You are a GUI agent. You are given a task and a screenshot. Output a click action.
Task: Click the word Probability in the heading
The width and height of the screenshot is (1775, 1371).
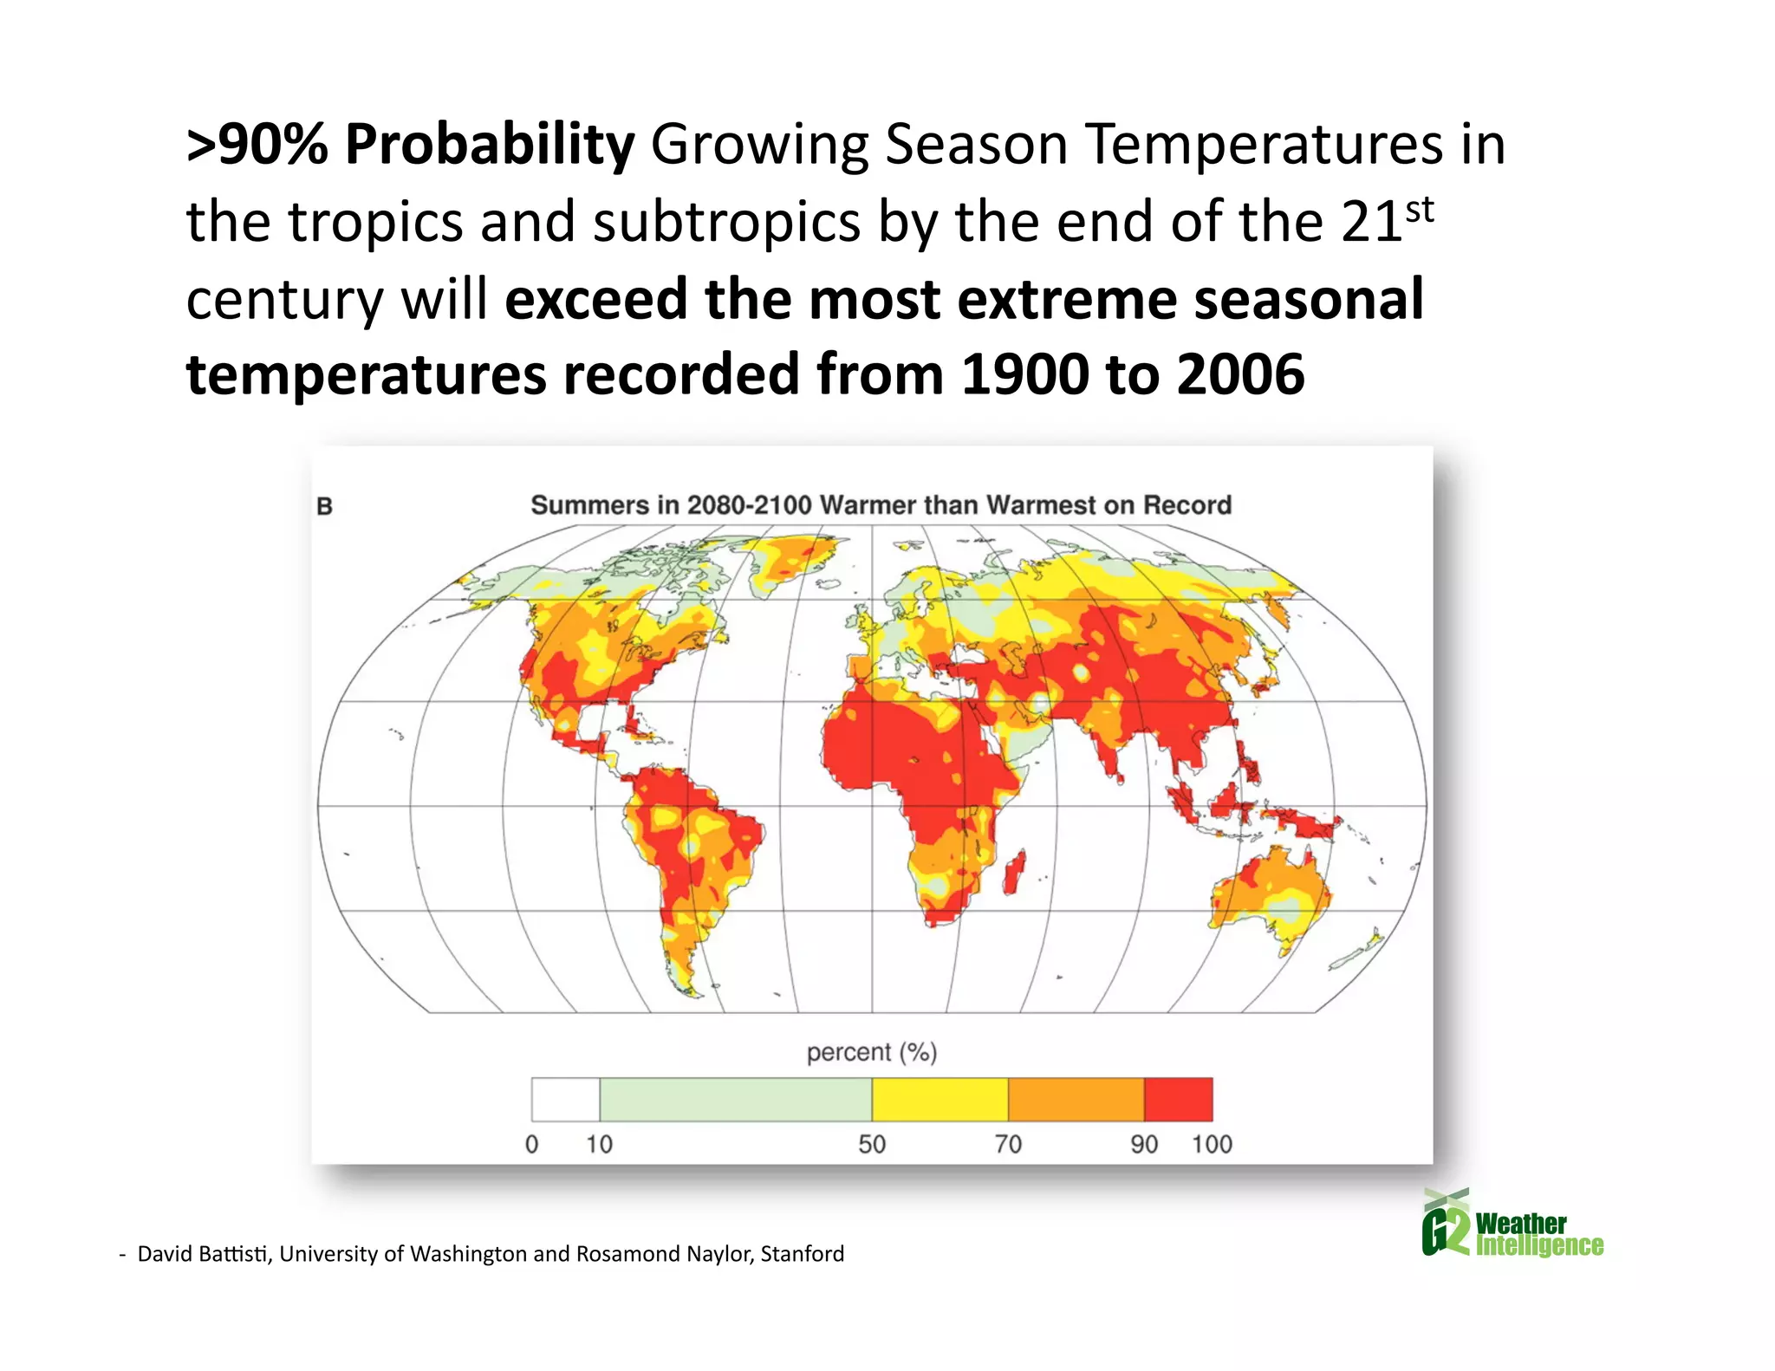pos(490,144)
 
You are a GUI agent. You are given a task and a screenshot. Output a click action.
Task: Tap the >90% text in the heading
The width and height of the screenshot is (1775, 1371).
pos(257,144)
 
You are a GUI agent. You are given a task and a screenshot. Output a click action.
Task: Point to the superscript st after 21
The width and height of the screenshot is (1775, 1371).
pos(1420,210)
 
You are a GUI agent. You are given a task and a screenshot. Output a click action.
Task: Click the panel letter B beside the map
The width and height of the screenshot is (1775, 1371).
pos(325,506)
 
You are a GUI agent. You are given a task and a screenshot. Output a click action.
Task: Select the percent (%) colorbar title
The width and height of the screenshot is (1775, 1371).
pos(871,1052)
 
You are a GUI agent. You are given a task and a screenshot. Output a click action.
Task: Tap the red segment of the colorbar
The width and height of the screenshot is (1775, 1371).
pos(1178,1099)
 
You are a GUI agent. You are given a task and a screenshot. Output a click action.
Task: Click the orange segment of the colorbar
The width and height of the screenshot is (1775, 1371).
pos(1076,1099)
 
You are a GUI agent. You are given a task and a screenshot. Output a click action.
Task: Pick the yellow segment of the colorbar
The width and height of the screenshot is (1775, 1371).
pos(940,1099)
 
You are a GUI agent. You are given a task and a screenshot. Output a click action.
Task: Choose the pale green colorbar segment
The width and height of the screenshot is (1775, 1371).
pos(735,1099)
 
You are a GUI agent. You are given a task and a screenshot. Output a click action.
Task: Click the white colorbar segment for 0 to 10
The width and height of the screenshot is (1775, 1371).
pos(565,1099)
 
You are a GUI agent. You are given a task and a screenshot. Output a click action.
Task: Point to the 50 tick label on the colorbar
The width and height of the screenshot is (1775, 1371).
pos(872,1144)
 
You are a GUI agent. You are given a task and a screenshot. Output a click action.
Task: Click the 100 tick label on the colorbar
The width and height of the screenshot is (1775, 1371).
pos(1212,1144)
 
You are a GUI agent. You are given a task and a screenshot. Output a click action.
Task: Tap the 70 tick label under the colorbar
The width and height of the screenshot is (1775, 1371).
pos(1008,1144)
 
